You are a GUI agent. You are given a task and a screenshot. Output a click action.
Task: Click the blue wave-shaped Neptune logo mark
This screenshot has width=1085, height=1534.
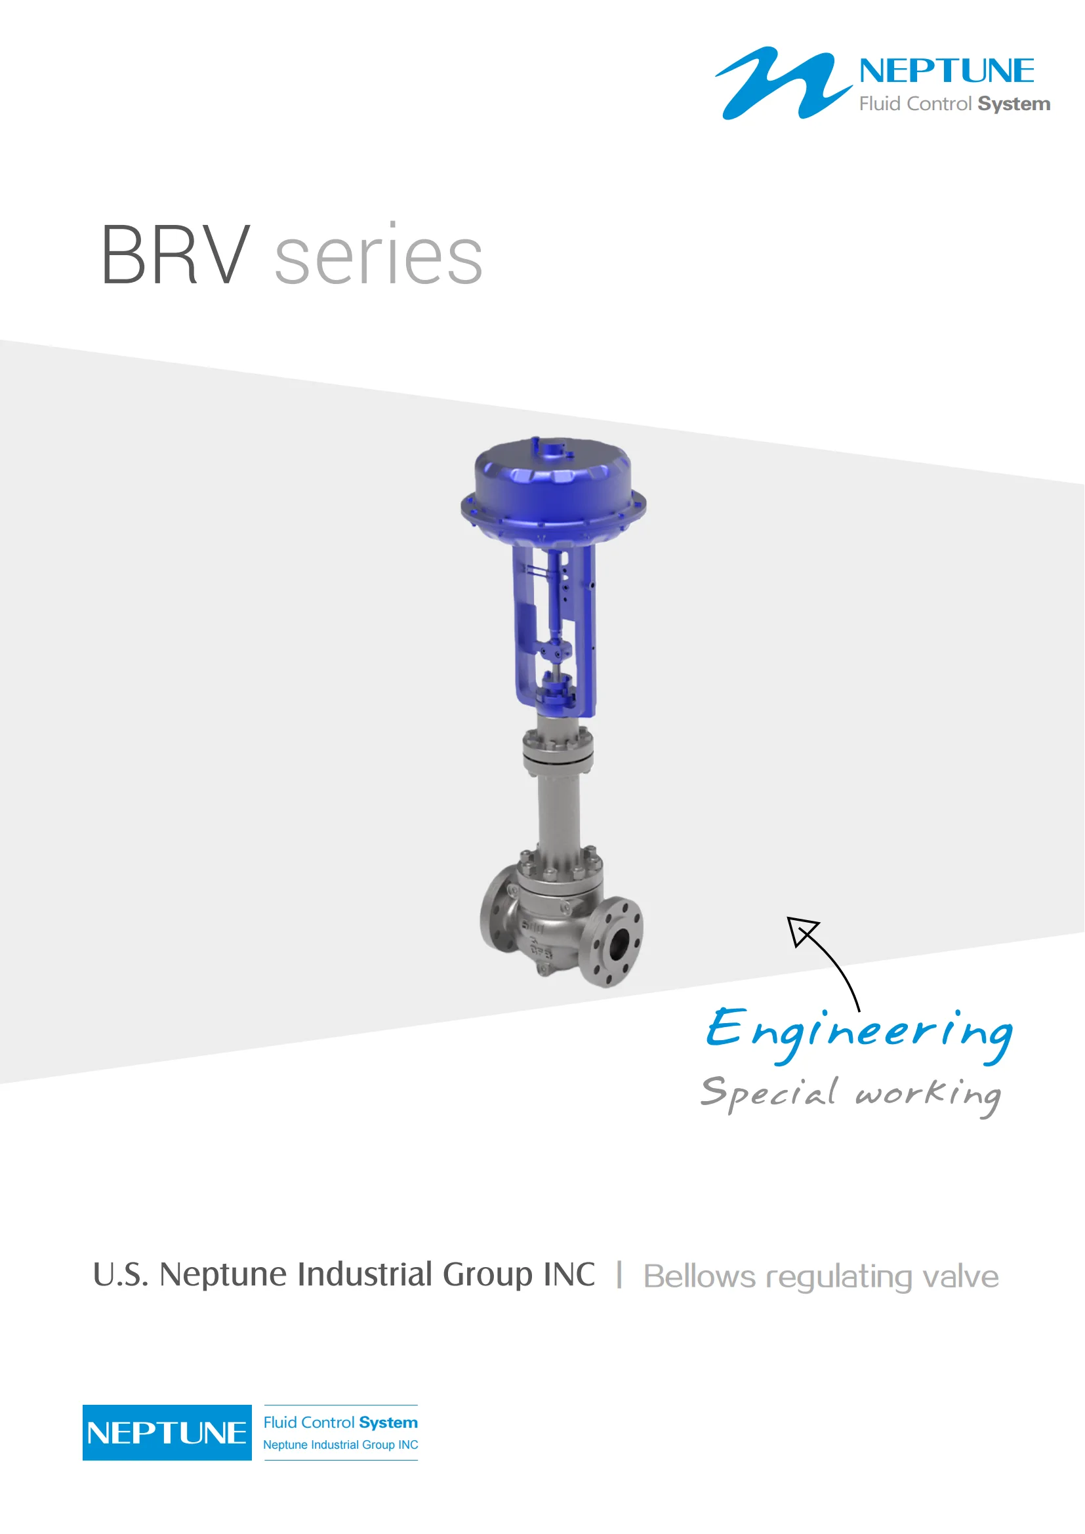point(783,83)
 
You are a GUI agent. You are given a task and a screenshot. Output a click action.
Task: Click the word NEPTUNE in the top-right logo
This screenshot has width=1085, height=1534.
point(947,71)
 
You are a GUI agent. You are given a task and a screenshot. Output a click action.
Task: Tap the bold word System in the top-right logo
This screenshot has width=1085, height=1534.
point(1013,104)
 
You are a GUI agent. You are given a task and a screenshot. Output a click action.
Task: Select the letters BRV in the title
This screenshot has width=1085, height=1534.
point(176,255)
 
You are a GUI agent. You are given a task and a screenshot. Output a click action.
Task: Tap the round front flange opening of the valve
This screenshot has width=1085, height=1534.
point(619,942)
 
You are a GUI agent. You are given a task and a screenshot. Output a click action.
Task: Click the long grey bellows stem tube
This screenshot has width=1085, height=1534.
point(558,813)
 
